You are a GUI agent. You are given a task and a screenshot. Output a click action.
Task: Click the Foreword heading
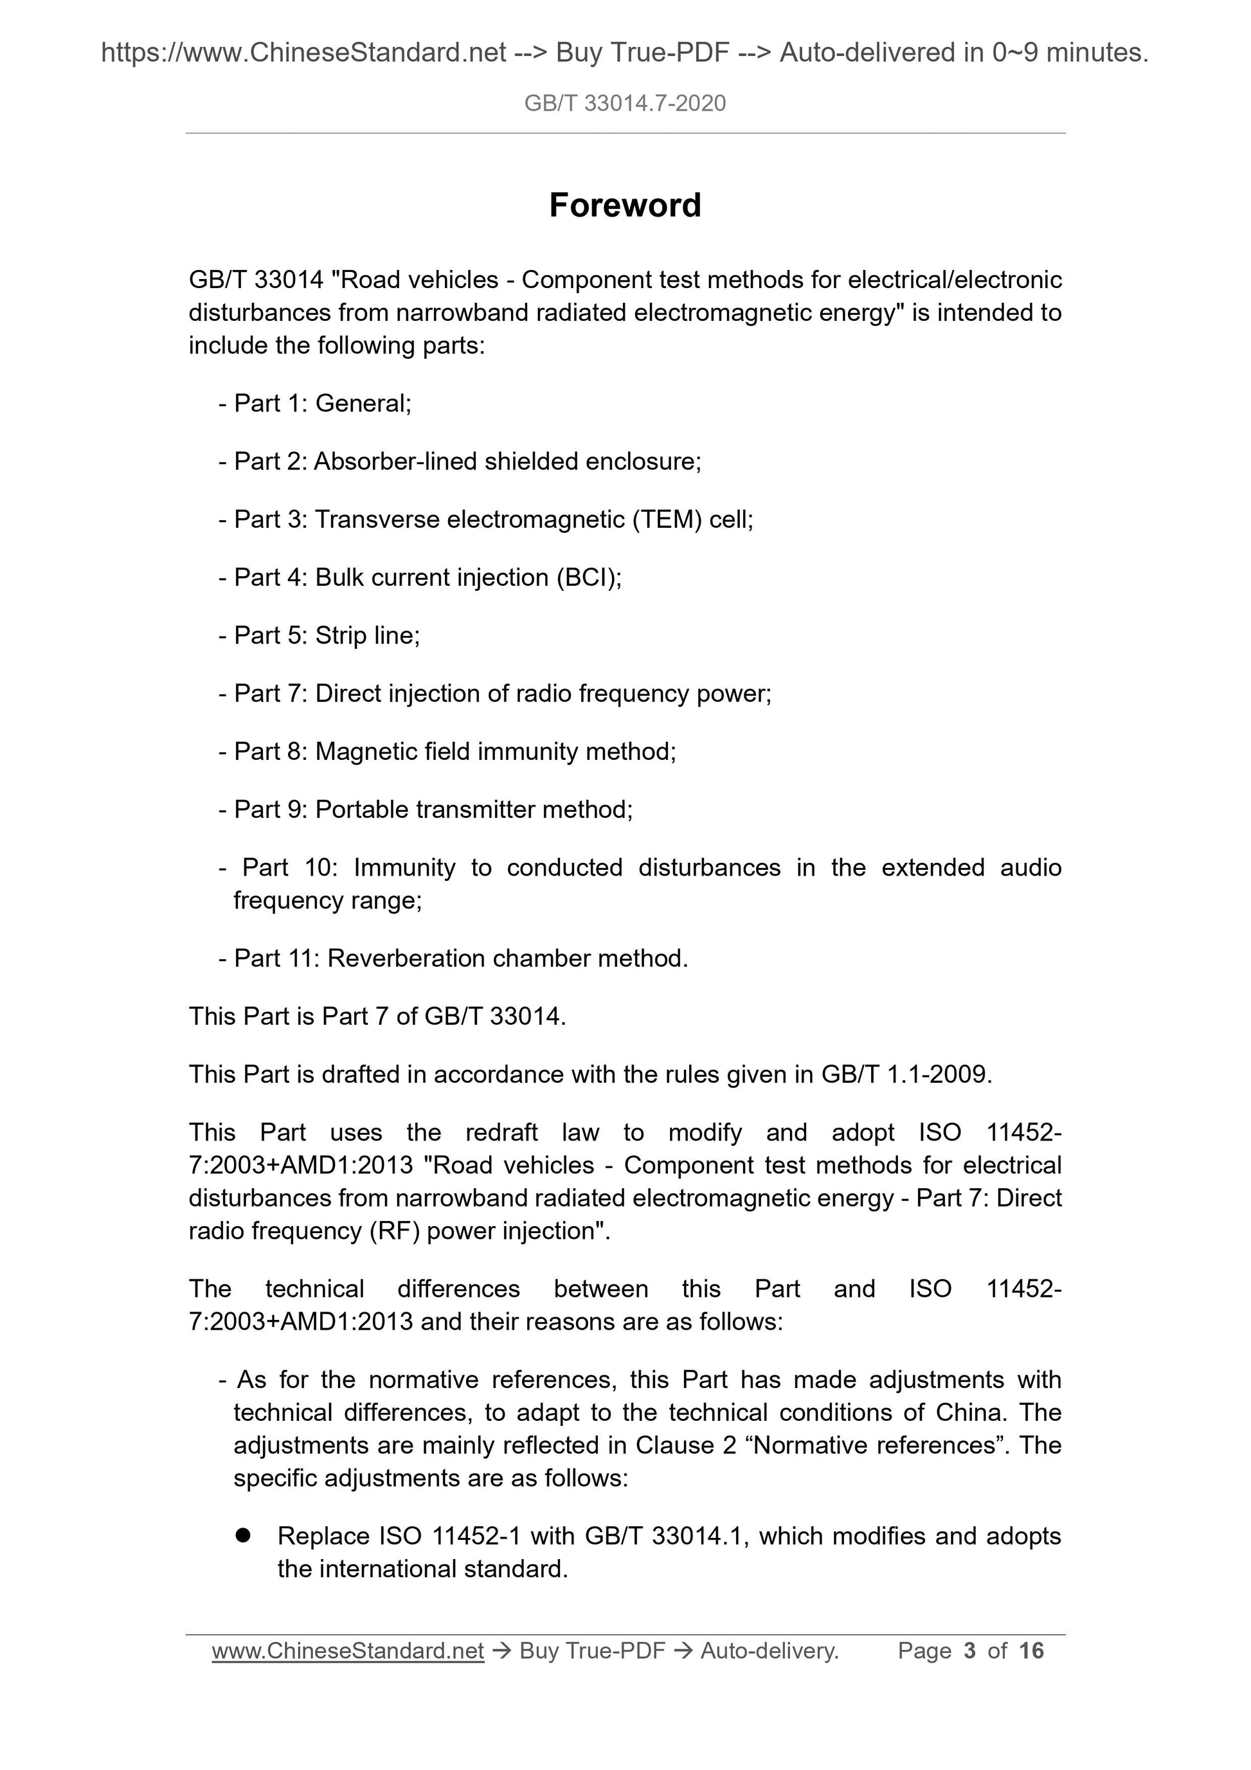pos(624,205)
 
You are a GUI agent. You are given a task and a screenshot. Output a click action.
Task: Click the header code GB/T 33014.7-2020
pos(624,104)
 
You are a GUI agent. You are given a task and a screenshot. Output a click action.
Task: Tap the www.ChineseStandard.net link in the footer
pos(348,1650)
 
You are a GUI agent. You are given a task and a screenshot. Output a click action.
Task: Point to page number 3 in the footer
pos(969,1650)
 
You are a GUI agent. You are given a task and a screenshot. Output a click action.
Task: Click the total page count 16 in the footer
pos(1030,1650)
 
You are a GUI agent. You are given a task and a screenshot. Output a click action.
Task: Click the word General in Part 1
pos(363,403)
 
